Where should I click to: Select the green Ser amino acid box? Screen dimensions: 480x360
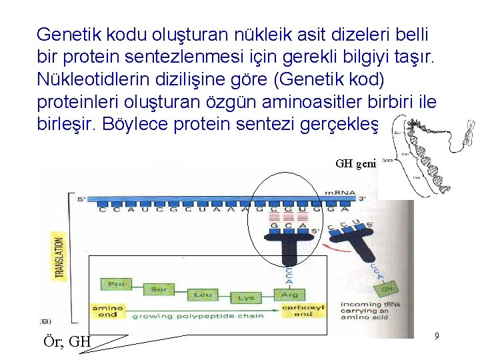pos(159,290)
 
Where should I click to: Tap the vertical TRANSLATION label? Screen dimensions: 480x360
pos(59,257)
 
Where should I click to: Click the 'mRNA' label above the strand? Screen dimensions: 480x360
pos(339,193)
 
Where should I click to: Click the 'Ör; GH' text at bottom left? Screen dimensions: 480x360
pos(66,341)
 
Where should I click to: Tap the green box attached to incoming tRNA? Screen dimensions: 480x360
pos(387,290)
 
